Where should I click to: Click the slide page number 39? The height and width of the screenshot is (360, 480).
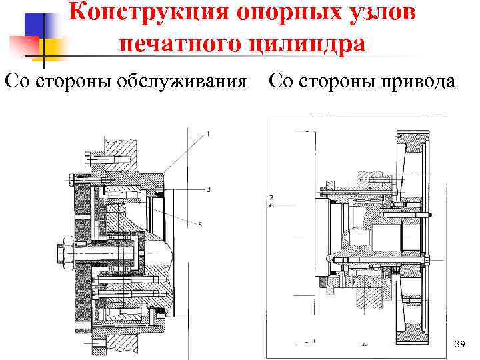(x=459, y=344)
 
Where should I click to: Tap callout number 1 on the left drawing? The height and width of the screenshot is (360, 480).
(x=209, y=134)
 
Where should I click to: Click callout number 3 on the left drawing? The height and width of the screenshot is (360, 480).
(x=209, y=189)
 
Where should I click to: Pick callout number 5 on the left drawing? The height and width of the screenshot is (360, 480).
(x=200, y=225)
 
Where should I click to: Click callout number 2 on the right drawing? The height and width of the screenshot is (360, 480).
(x=271, y=197)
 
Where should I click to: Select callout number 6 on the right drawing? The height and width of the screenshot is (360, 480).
(x=271, y=206)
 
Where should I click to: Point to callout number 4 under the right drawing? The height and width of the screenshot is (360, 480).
(x=364, y=345)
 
